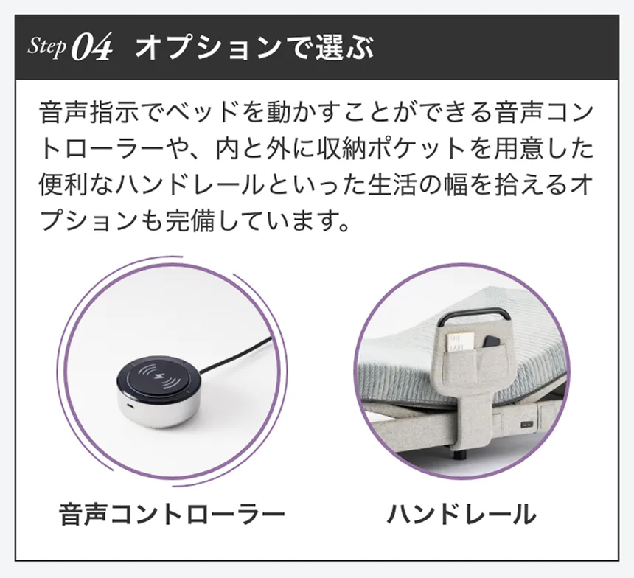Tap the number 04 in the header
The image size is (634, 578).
pos(92,49)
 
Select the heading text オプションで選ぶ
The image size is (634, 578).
pos(255,48)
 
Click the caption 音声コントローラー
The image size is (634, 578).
pos(172,514)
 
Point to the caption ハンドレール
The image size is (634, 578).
pos(461,514)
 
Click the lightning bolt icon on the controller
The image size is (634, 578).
pos(160,379)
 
